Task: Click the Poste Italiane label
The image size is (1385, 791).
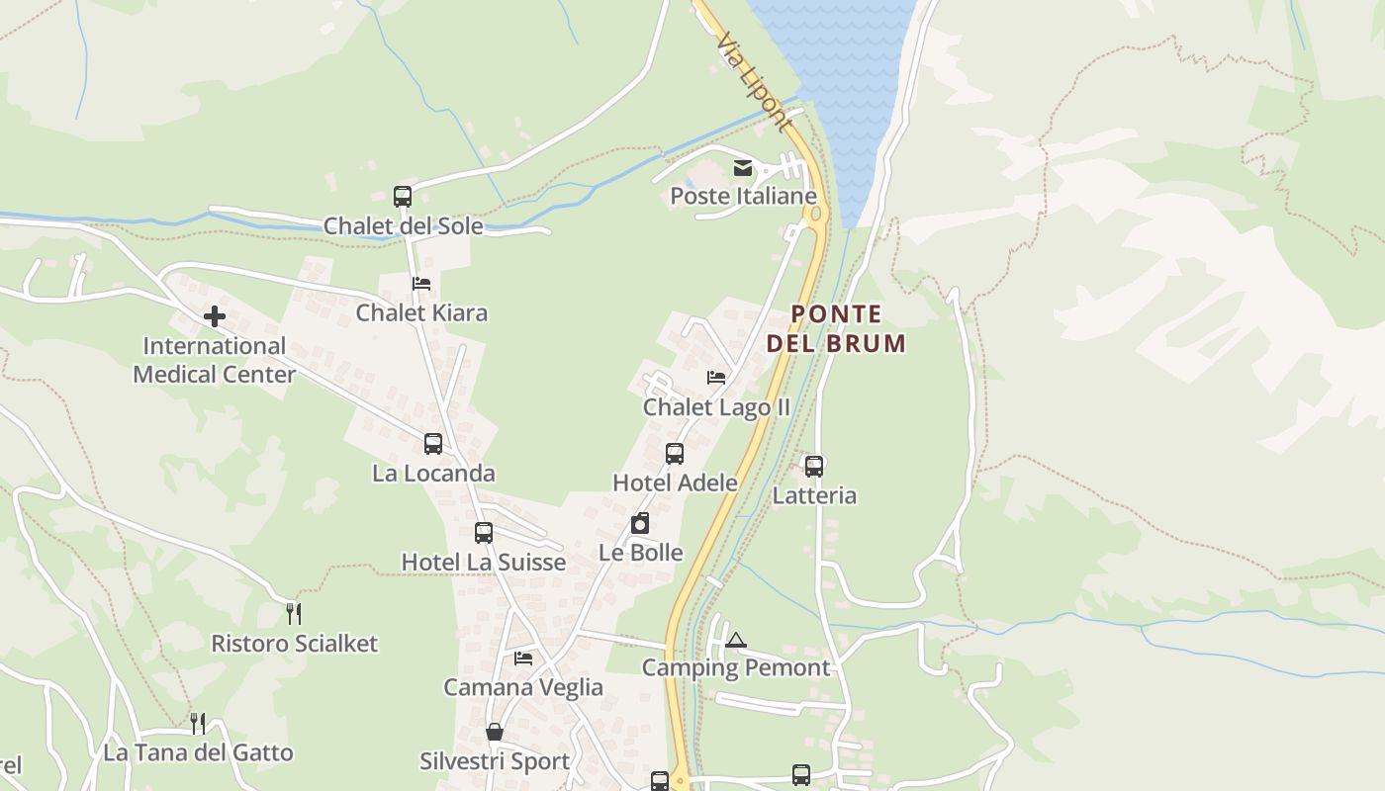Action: click(x=743, y=196)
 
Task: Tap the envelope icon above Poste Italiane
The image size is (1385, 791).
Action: click(x=743, y=168)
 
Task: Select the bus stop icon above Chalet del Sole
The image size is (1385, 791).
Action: click(x=403, y=196)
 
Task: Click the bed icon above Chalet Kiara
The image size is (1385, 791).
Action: click(x=421, y=284)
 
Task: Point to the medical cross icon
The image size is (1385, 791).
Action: click(x=214, y=316)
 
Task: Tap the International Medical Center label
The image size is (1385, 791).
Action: click(x=214, y=360)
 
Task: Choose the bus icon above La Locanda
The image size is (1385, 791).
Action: click(x=433, y=444)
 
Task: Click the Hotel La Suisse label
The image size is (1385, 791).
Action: click(x=483, y=562)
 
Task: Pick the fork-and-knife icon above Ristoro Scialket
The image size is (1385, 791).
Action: click(x=294, y=614)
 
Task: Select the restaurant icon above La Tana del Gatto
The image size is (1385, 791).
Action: click(x=198, y=724)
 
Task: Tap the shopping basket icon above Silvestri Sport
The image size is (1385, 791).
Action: click(x=495, y=733)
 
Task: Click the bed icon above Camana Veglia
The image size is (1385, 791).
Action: click(x=523, y=659)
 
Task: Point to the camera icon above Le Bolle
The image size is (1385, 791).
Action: click(x=640, y=523)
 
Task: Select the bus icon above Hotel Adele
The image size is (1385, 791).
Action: click(x=675, y=454)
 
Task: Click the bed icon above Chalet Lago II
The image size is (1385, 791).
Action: click(x=716, y=378)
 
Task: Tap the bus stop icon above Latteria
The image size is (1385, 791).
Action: click(x=814, y=467)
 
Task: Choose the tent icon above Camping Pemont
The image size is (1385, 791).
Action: click(x=735, y=640)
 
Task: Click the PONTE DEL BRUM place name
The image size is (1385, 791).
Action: click(x=836, y=328)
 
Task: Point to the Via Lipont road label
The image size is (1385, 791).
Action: click(x=754, y=82)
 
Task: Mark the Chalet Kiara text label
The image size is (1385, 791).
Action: click(x=421, y=312)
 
